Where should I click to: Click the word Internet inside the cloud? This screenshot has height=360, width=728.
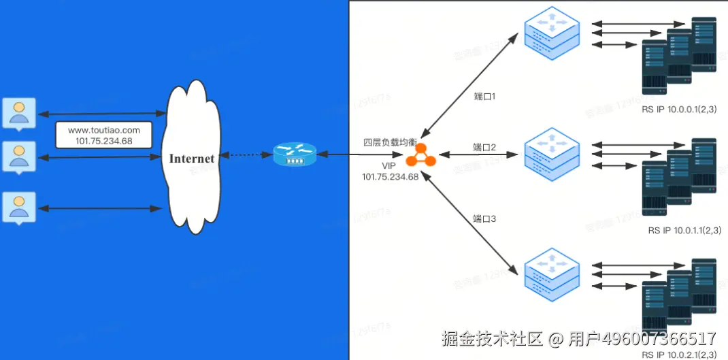coord(192,159)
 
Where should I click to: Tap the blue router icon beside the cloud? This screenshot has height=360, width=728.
coord(295,155)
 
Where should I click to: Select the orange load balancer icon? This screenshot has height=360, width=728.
coord(420,156)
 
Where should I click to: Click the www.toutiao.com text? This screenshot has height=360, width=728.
coord(104,130)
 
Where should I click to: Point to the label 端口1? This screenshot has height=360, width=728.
coord(484,97)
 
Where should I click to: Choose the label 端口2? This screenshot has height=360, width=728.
coord(484,147)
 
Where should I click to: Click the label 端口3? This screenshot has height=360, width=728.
coord(484,219)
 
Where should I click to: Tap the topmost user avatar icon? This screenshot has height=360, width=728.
coord(19,112)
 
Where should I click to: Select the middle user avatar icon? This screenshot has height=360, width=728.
coord(19,156)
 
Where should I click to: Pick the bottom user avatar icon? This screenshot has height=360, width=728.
coord(19,207)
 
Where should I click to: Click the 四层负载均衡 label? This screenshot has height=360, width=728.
coord(390,142)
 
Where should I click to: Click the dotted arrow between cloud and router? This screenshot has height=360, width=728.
coord(247,156)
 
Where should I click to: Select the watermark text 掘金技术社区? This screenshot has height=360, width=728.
coord(492,338)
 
